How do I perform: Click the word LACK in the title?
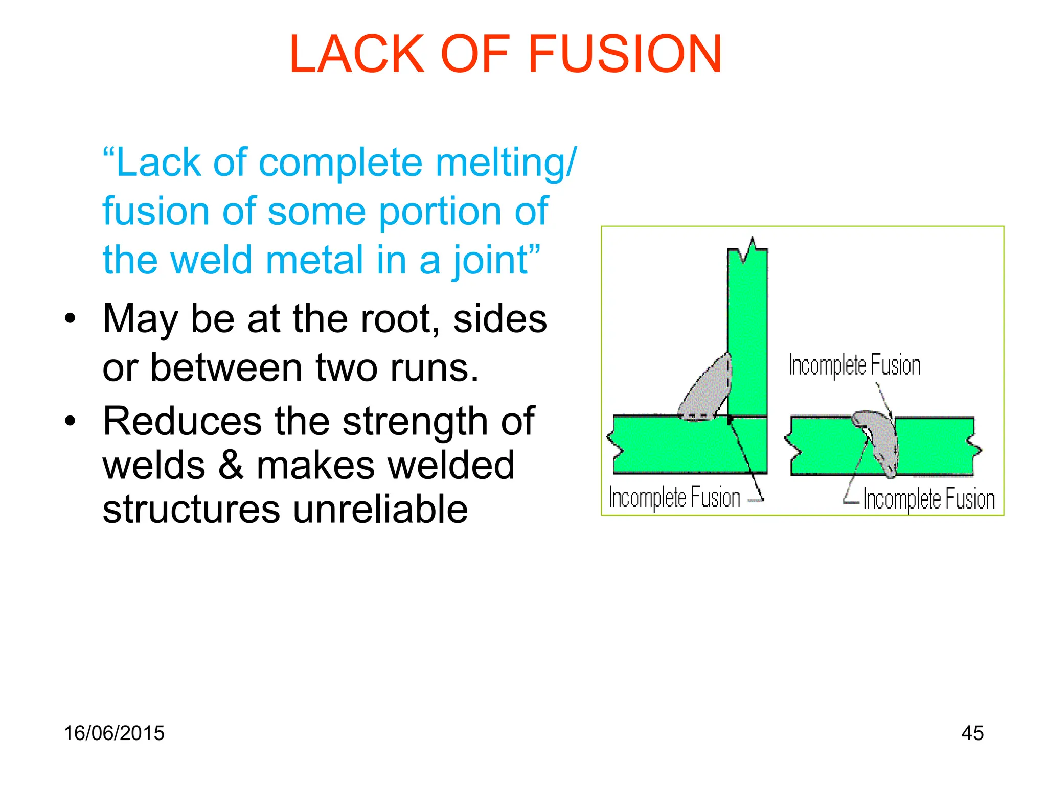click(357, 54)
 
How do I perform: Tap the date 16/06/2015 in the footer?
click(114, 733)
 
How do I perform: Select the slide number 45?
click(972, 733)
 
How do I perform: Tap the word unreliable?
click(381, 509)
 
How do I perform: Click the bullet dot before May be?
click(70, 319)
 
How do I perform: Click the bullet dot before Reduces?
click(70, 421)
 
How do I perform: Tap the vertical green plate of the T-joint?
click(747, 332)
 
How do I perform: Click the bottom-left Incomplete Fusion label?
click(674, 497)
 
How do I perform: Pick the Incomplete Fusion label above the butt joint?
click(854, 365)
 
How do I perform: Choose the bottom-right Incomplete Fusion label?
click(929, 499)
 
